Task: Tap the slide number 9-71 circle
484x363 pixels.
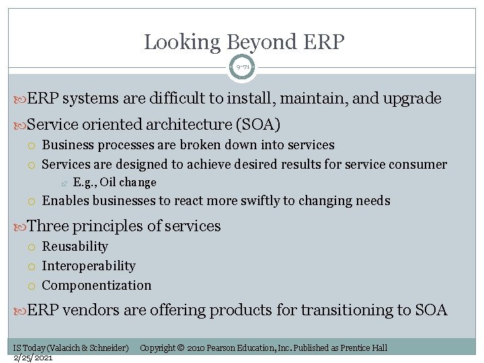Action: [x=243, y=67]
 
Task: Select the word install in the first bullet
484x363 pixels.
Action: [x=243, y=99]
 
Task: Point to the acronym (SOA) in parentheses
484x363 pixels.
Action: [x=257, y=124]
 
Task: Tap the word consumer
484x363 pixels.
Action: [x=418, y=164]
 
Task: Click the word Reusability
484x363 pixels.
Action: [x=75, y=247]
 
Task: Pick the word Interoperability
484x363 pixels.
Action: [x=88, y=266]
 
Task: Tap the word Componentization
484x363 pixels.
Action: [x=96, y=285]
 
